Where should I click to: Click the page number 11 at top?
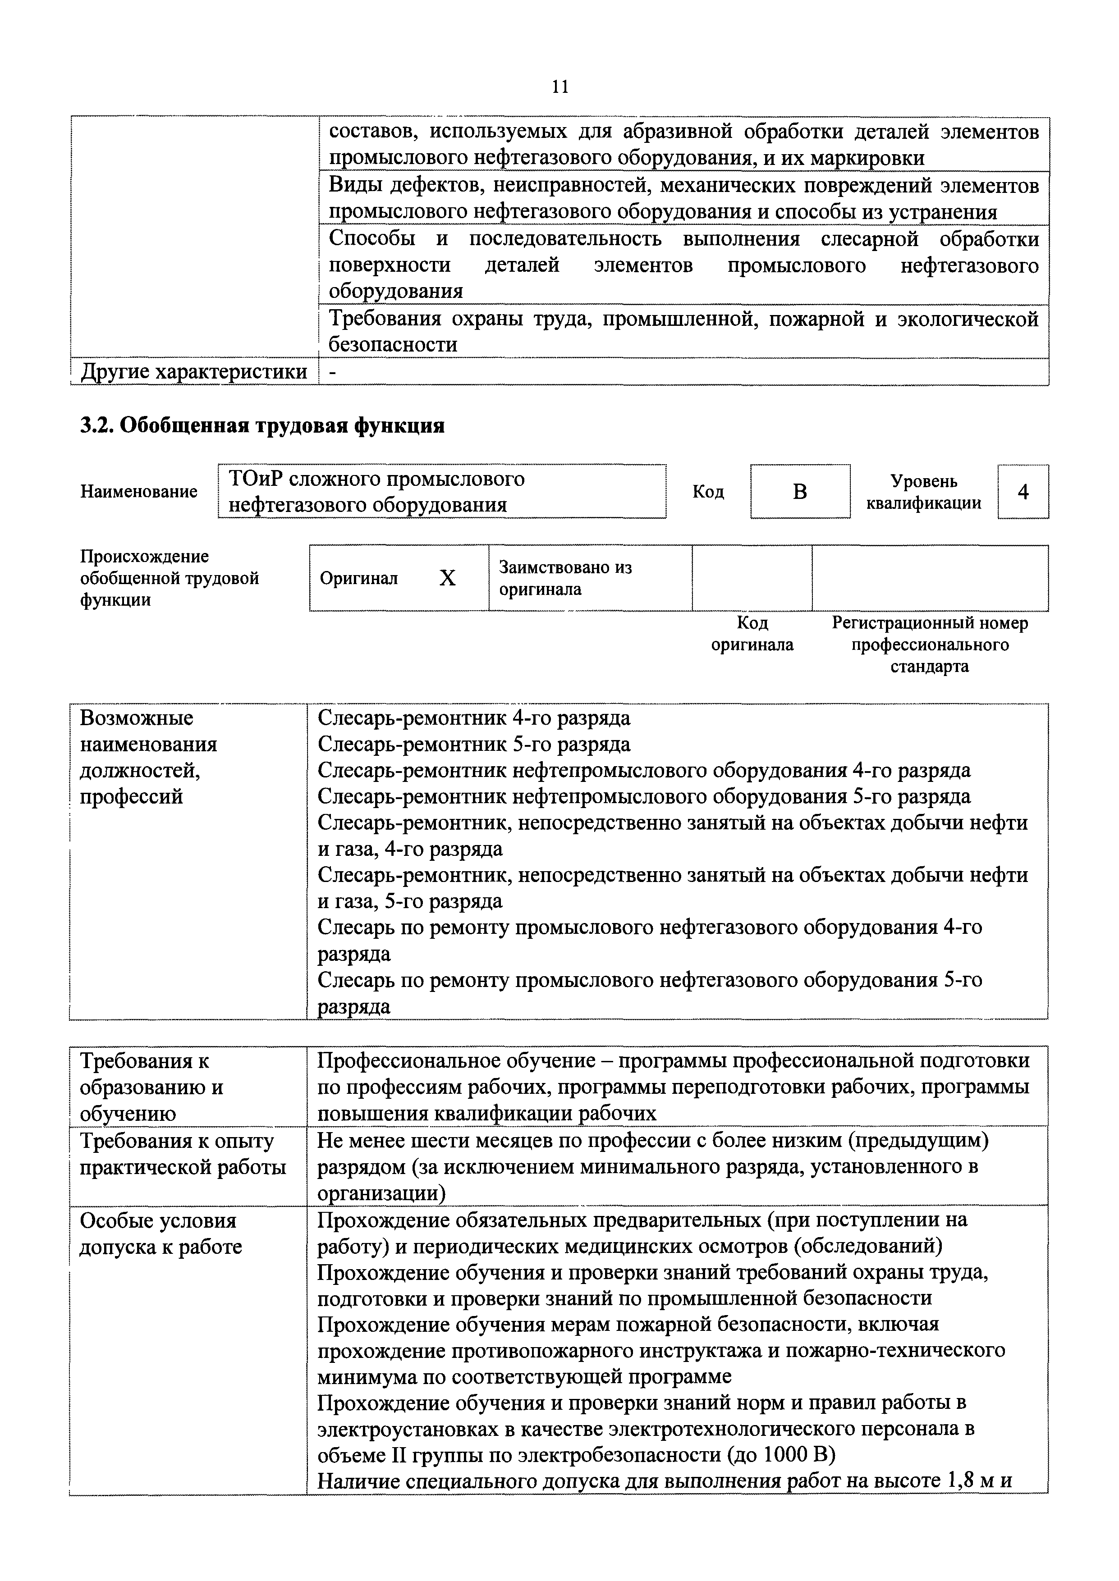tap(559, 87)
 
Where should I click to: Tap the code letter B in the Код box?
tap(799, 492)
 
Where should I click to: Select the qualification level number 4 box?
tap(1023, 492)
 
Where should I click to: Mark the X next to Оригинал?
tap(447, 578)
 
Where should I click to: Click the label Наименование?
tap(138, 492)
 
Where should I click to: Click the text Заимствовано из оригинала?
tap(565, 578)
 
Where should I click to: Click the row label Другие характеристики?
tap(193, 372)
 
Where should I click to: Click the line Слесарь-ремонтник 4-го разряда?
tap(473, 718)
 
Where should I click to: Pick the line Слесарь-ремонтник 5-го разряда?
tap(473, 745)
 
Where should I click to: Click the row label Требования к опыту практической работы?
tap(183, 1154)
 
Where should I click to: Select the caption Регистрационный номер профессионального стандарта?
tap(930, 644)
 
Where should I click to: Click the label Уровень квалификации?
tap(923, 492)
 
